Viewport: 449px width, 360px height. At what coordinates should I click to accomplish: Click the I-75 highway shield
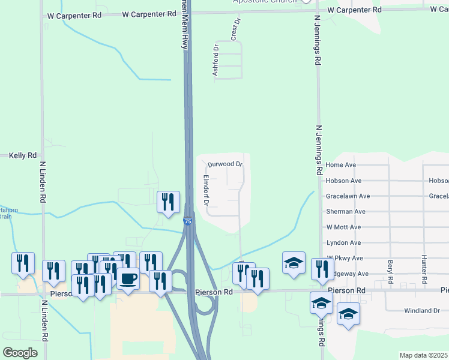[188, 221]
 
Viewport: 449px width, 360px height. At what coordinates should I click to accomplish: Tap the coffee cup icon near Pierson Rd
[129, 278]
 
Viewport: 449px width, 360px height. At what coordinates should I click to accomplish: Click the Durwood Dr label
[225, 164]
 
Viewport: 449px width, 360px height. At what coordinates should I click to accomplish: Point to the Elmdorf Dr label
[205, 191]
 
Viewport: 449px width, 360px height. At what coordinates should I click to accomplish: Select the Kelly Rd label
[23, 155]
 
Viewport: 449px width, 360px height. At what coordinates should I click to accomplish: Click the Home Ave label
[341, 165]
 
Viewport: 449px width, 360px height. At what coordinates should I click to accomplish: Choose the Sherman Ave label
[345, 212]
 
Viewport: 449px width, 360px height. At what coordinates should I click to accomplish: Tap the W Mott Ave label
[343, 227]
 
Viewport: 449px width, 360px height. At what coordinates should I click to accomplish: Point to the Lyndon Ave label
[343, 243]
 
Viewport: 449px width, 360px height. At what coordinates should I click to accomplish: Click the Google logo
[20, 352]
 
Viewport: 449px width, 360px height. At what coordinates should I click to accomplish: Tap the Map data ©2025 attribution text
[423, 355]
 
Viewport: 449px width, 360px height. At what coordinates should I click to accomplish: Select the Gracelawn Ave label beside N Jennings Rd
[348, 196]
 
